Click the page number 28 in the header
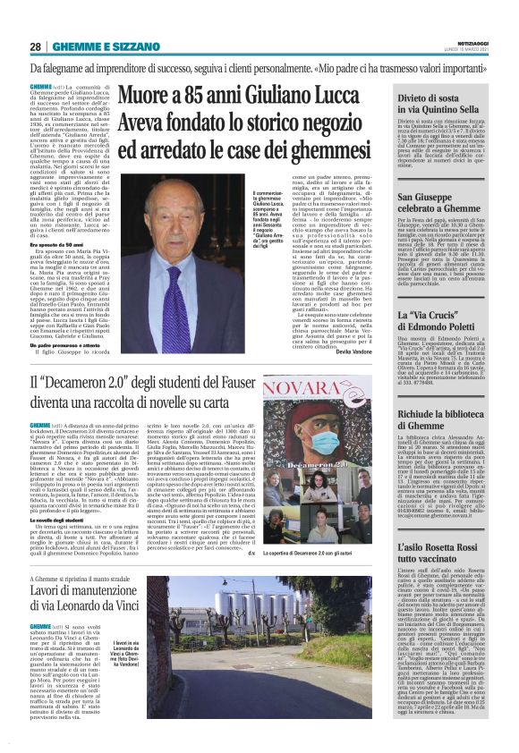[36, 47]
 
